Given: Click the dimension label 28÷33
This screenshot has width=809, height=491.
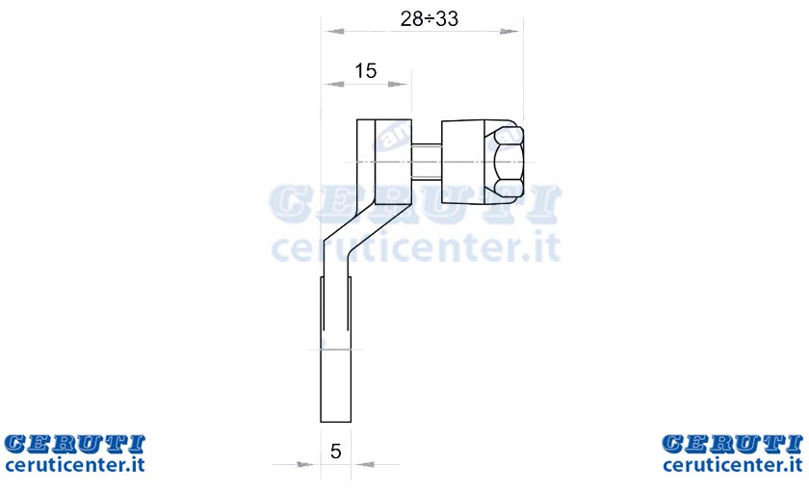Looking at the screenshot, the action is (430, 19).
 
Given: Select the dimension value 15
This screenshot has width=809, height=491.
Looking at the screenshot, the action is (366, 70).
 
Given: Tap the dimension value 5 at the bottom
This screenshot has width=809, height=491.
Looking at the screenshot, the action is (336, 452).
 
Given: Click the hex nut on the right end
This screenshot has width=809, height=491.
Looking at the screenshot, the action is (508, 162).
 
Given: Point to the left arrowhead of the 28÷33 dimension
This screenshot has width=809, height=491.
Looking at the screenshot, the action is (334, 32).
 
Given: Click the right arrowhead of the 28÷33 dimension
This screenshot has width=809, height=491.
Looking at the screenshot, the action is (509, 32).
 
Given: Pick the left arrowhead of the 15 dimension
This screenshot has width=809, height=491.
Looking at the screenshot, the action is (334, 84).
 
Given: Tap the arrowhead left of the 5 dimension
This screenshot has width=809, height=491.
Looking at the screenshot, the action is (305, 465).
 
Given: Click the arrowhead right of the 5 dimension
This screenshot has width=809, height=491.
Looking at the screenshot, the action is (365, 465).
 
